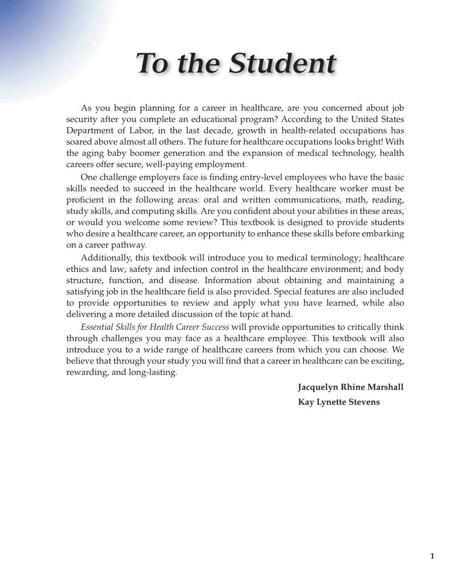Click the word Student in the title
pos(282,63)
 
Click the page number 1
pos(432,556)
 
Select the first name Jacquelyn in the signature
pos(317,387)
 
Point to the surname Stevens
pos(364,402)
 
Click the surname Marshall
pos(385,387)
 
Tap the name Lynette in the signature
pos(331,402)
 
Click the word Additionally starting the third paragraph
pos(106,258)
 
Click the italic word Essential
pos(97,327)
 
